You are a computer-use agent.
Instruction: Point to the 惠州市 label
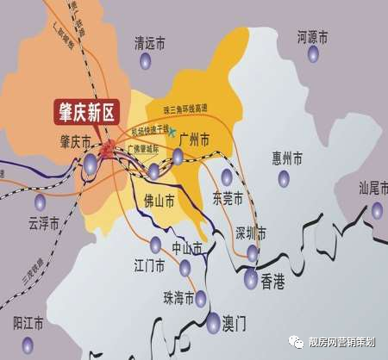[287, 158]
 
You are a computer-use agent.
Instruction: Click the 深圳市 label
[250, 233]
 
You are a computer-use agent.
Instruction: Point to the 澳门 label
[235, 324]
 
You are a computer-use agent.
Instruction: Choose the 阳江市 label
[28, 323]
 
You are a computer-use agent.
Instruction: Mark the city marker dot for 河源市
[313, 53]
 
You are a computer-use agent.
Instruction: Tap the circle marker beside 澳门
[213, 324]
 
